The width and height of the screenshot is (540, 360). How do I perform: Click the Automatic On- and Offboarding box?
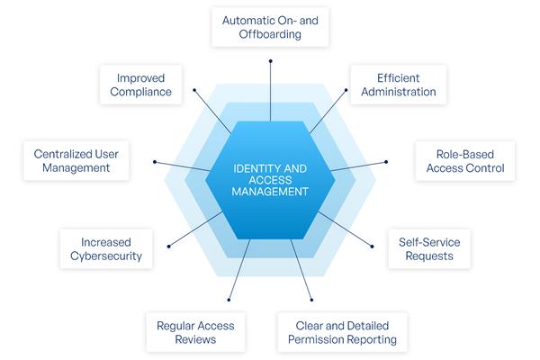click(x=270, y=27)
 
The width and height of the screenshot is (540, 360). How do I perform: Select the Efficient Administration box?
click(x=392, y=84)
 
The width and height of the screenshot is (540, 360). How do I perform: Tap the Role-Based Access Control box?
click(x=464, y=160)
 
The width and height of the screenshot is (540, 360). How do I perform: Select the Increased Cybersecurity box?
click(x=105, y=248)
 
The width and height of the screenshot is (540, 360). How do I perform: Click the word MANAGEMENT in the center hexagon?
click(x=270, y=191)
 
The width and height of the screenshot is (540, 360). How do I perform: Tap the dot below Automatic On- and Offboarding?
click(x=270, y=61)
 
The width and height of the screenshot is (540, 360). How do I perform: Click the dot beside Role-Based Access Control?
click(x=386, y=162)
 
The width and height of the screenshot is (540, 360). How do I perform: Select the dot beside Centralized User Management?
click(x=155, y=162)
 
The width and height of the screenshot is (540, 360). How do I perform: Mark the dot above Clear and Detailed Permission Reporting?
click(x=311, y=300)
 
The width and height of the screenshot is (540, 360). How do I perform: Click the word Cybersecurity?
click(x=105, y=256)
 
